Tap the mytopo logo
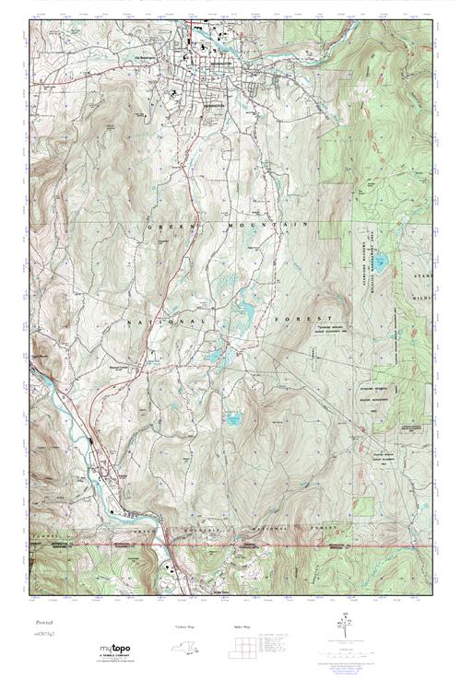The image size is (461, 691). click(x=117, y=652)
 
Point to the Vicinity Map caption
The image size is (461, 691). click(x=185, y=627)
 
